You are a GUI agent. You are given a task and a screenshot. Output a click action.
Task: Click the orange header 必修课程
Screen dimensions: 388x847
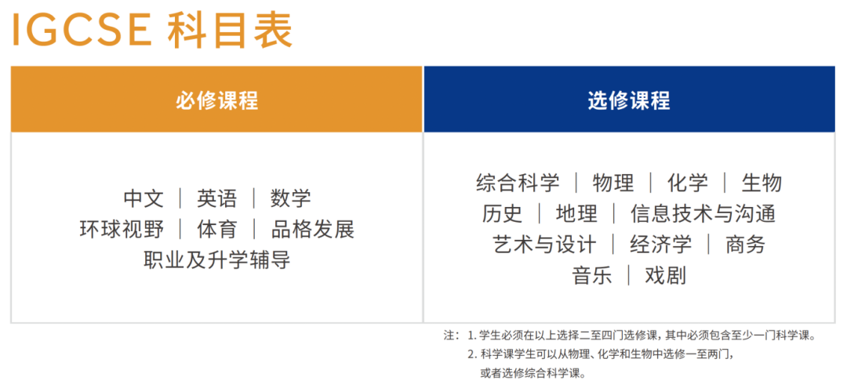pos(216,100)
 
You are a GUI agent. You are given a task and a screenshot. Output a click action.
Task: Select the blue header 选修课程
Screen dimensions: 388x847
pos(628,100)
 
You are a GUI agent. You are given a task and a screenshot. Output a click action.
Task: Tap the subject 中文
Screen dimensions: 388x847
pos(144,198)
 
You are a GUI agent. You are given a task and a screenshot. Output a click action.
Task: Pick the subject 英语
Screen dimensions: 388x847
pos(217,198)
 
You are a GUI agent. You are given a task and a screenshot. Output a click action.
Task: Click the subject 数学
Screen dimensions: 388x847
pos(290,198)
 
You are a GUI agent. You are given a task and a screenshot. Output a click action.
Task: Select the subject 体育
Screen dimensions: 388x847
pos(217,229)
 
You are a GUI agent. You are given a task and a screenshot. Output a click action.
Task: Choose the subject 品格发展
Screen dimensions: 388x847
pos(312,229)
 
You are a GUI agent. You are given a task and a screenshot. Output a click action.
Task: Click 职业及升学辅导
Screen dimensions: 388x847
pos(217,259)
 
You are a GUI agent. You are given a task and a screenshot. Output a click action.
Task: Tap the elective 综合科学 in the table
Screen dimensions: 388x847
pos(518,183)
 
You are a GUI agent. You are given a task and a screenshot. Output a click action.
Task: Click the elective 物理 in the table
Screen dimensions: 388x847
pos(613,183)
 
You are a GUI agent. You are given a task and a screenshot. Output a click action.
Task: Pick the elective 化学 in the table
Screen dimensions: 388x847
pos(687,183)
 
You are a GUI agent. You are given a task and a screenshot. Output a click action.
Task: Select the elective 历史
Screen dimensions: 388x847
pos(502,213)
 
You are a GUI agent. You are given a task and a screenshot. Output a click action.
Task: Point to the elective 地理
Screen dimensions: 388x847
pos(576,213)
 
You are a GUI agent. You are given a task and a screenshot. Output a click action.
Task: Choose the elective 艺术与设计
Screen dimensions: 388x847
pos(544,245)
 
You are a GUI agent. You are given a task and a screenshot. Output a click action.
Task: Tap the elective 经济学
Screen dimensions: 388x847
pos(660,245)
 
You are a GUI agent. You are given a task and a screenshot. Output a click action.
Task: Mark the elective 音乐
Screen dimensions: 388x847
pos(592,275)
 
